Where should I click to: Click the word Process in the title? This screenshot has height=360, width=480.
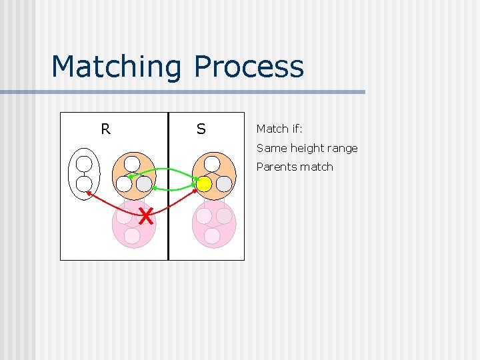coord(249,67)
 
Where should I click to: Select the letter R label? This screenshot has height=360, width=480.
coord(105,129)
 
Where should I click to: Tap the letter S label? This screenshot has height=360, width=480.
coord(201,129)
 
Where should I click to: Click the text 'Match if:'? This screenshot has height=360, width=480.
coord(279,129)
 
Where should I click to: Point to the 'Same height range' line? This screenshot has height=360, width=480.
coord(307,148)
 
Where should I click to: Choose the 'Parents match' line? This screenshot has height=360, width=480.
coord(294,167)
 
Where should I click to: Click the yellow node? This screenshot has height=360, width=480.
coord(204,183)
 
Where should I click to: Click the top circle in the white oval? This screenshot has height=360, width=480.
coord(84,164)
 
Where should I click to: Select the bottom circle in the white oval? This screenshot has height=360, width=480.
coord(84,184)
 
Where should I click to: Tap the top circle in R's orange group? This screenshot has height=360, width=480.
coord(133,163)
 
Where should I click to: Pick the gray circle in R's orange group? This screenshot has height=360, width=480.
coord(144,183)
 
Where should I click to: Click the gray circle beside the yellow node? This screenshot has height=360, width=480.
coord(224,183)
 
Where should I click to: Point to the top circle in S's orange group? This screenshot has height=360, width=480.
coord(212,163)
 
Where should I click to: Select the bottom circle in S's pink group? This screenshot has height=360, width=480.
coord(212,236)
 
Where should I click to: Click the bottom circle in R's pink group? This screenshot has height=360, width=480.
coord(132,236)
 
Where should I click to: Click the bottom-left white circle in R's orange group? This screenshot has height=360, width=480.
coord(123,183)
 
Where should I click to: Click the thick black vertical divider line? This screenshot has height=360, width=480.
coord(168,220)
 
